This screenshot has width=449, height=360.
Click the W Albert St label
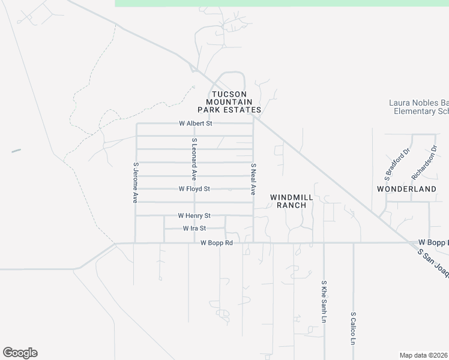196,124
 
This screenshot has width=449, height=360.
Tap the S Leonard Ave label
194,159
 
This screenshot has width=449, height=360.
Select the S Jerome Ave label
136,183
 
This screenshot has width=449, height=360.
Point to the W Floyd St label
194,189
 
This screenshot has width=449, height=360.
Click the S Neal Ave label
253,179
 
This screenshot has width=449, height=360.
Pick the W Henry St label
194,215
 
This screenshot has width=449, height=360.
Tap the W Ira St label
194,229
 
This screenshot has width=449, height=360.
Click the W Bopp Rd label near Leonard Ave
216,243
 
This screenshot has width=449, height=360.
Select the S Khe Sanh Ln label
324,301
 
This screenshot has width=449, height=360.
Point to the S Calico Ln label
353,328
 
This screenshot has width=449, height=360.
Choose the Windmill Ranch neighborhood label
288,201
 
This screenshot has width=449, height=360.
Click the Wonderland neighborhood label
406,189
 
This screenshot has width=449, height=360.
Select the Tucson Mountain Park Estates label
230,102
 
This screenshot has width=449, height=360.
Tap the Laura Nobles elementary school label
419,107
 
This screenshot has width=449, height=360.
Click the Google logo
20,353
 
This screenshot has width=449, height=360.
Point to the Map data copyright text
424,355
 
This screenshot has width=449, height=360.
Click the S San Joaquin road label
433,264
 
